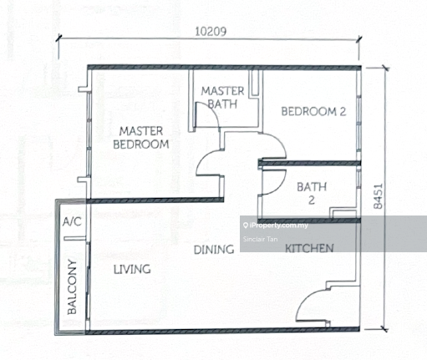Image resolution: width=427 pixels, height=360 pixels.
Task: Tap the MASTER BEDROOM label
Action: tap(141, 137)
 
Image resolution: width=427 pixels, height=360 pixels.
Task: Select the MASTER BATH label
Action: tap(221, 98)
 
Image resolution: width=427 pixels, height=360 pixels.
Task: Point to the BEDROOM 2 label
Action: tap(312, 111)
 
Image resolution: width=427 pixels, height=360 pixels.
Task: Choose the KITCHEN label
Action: tap(310, 249)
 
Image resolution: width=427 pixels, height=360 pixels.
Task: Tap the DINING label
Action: tap(213, 249)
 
